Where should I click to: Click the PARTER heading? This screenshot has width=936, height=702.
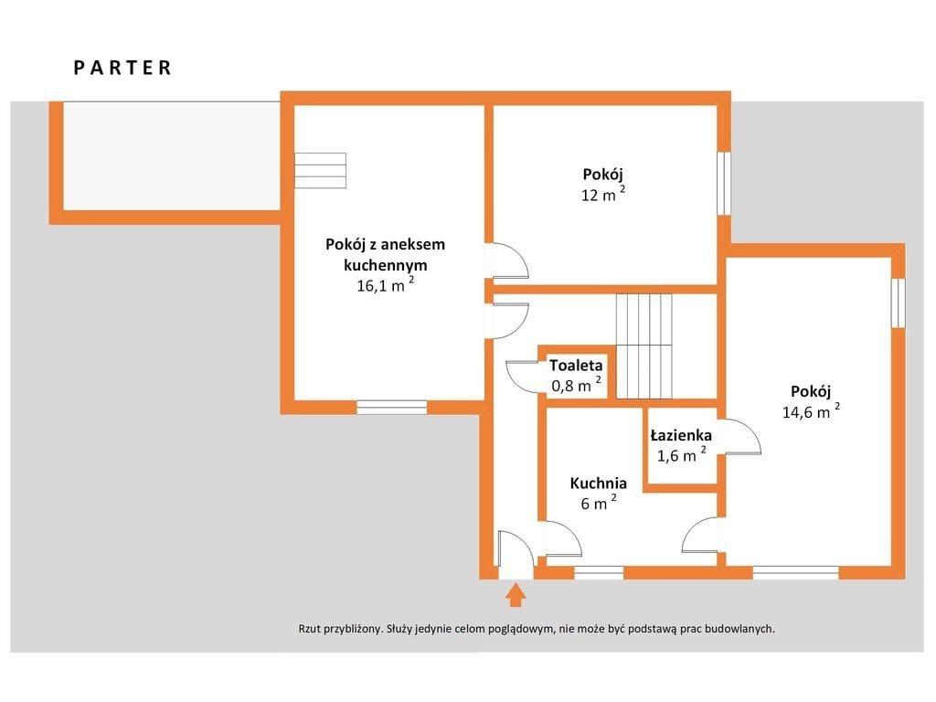(122, 68)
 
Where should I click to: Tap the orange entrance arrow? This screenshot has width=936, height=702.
(516, 595)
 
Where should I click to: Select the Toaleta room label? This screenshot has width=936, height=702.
(576, 365)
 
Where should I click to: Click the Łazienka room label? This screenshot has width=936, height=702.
(680, 434)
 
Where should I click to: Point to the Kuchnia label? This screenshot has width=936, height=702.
(598, 483)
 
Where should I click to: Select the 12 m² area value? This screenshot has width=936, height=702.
(603, 193)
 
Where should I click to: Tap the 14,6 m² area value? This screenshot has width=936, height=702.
(811, 410)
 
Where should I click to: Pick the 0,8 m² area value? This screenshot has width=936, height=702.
(576, 384)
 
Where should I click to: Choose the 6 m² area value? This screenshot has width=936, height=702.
(598, 502)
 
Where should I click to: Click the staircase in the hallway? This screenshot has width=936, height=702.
(644, 346)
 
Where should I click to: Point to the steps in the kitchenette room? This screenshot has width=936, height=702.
(320, 170)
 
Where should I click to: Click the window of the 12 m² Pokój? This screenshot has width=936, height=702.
(724, 183)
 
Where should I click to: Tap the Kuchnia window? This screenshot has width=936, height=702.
(599, 573)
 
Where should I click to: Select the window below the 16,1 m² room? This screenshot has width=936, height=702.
(391, 407)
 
